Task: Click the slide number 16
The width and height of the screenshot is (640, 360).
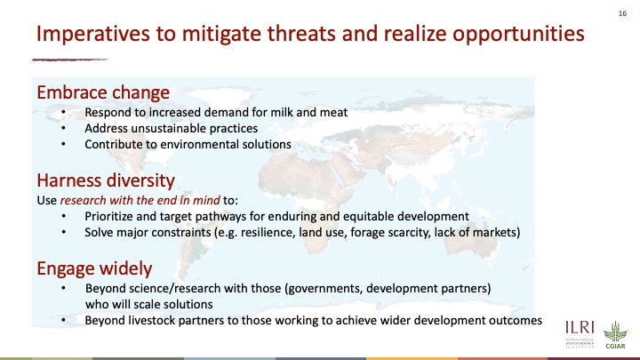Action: point(622,13)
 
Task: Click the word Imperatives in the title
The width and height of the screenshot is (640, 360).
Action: point(93,34)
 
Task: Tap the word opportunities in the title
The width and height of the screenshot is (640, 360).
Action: point(518,34)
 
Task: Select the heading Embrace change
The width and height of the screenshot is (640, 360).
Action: point(103,92)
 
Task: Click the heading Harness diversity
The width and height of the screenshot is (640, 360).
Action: point(106,180)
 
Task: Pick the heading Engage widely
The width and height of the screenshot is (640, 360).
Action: point(94,268)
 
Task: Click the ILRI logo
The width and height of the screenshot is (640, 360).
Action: point(580,334)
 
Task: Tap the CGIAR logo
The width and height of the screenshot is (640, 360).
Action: point(615,335)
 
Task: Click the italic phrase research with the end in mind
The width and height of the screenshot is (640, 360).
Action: point(140,200)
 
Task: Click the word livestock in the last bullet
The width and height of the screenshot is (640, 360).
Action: point(151,320)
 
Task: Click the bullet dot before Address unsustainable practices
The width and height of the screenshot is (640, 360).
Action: point(63,129)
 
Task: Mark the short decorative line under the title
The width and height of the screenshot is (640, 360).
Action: point(70,60)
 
